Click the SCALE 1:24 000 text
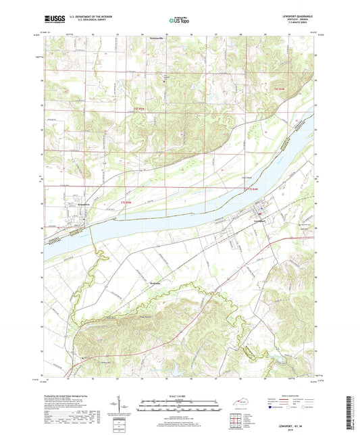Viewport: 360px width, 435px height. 180,397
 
